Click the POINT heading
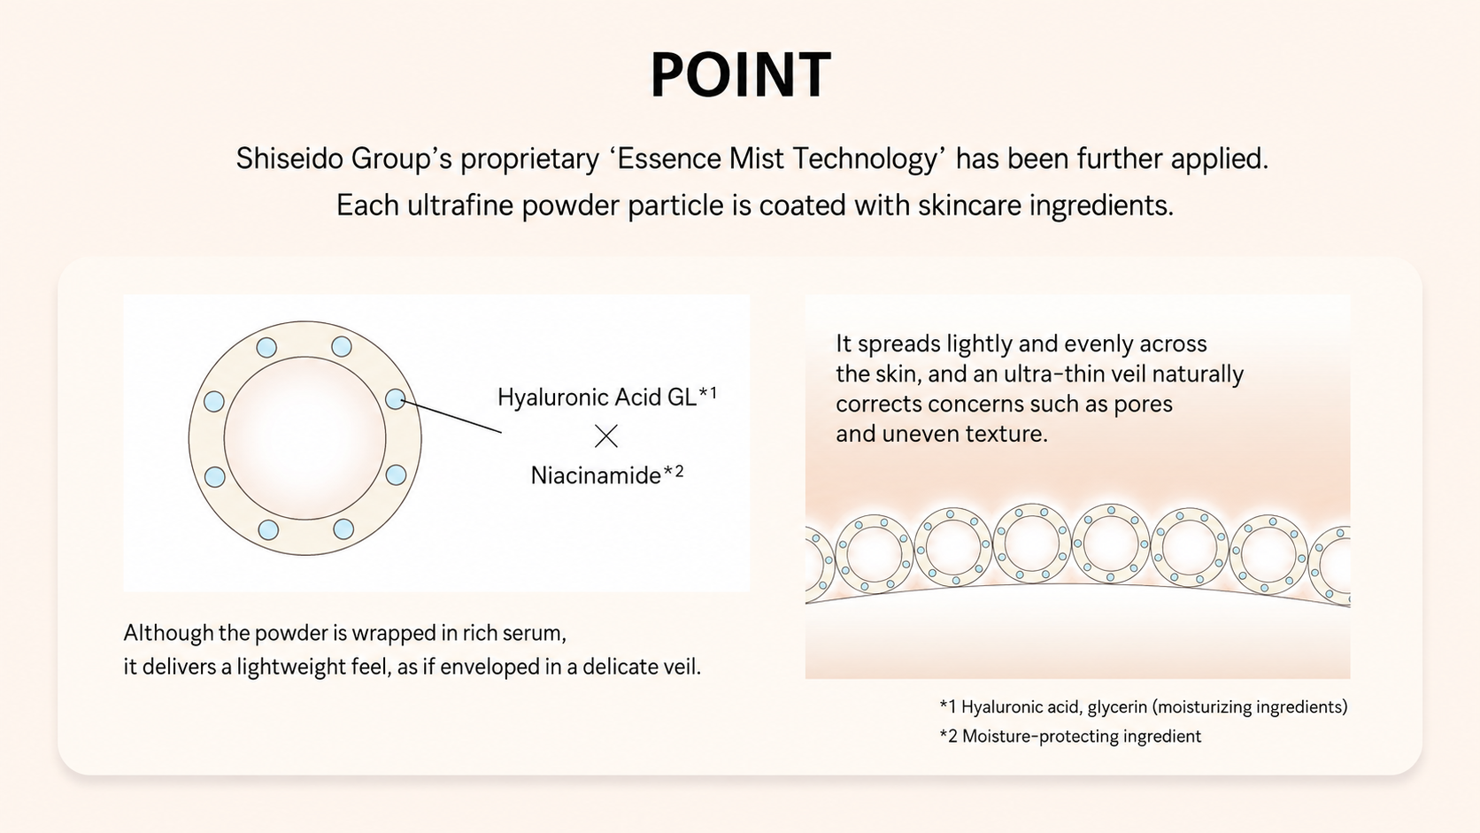pos(741,74)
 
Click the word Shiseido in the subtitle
pos(289,158)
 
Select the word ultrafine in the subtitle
pos(460,204)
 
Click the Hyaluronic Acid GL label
pos(597,397)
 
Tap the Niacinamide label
pos(596,475)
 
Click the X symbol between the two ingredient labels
pos(605,436)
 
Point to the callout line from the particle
pos(451,416)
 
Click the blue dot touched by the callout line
pos(395,399)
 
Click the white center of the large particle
pos(304,438)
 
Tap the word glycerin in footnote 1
pos(1116,707)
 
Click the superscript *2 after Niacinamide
pos(674,471)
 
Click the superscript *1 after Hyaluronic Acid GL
pos(707,394)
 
